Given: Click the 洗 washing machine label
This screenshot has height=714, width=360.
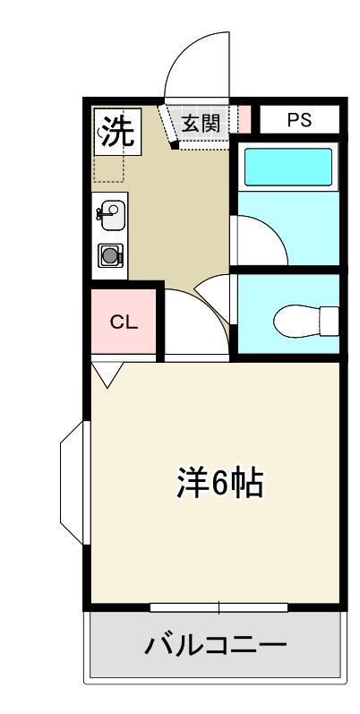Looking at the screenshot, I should (x=116, y=133).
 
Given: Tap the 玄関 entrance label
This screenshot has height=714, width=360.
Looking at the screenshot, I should (x=201, y=124).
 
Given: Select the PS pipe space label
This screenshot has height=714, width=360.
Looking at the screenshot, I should (x=299, y=120).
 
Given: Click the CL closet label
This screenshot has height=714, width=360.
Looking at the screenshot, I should (x=124, y=323).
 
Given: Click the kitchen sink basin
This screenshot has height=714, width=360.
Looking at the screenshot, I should (x=112, y=213).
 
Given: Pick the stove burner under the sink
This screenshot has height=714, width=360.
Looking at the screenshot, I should (x=111, y=255).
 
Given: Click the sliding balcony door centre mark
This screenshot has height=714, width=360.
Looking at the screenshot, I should (x=219, y=608).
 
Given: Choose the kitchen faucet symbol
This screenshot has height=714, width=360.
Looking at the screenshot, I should (x=101, y=213).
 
